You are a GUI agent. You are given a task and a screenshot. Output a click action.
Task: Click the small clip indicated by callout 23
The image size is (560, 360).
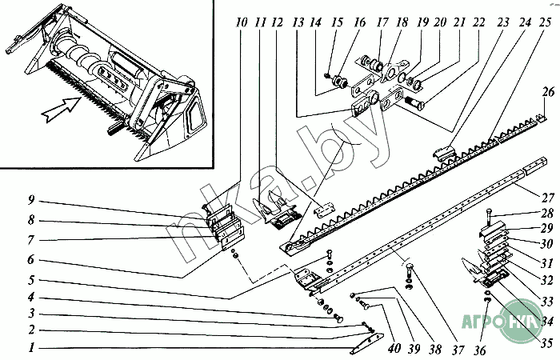pos(442,149)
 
